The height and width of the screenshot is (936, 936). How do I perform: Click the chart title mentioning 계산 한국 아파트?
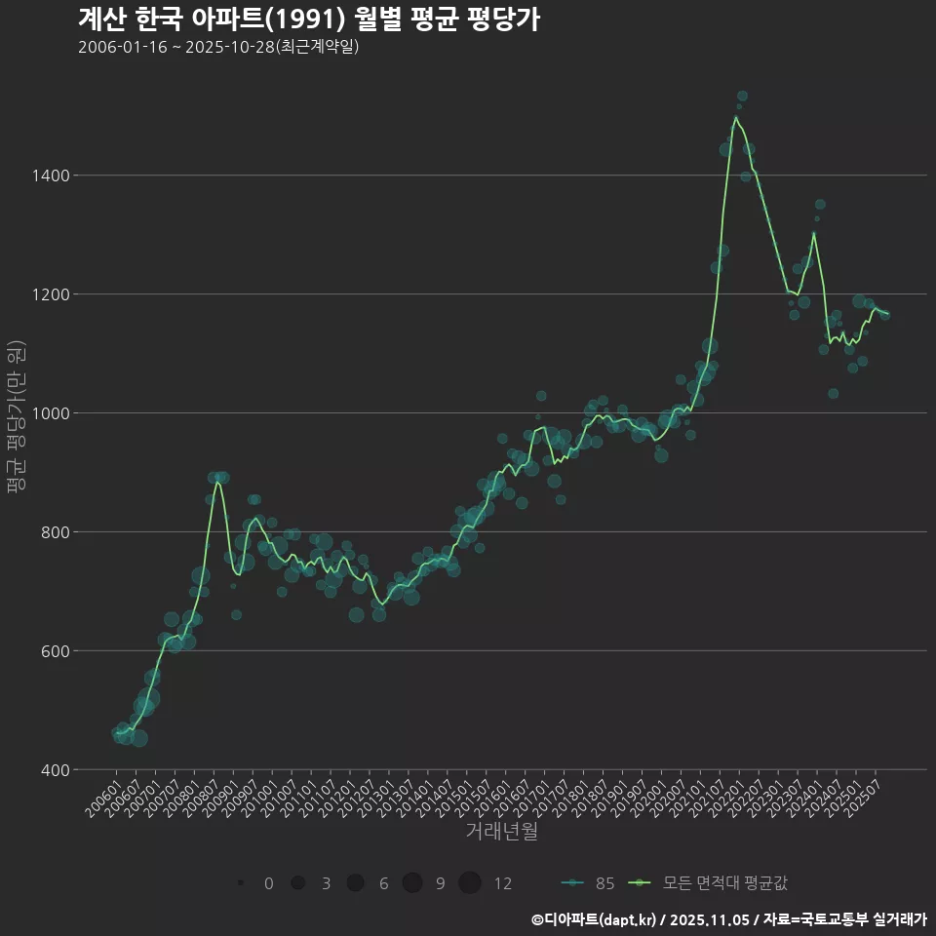coord(308,19)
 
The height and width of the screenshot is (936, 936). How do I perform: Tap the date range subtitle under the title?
coord(218,47)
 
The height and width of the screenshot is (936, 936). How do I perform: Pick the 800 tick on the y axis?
coord(55,532)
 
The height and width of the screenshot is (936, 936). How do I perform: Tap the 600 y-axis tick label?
coord(55,651)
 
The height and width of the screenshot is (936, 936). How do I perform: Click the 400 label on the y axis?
coord(55,770)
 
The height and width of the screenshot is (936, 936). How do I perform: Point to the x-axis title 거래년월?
coord(501,832)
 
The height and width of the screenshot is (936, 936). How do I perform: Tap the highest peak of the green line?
coord(736,117)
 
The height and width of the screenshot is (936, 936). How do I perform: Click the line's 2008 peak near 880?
coord(217,483)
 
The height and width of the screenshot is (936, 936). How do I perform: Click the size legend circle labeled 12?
coord(470,883)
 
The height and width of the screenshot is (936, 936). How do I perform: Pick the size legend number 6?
coord(384,883)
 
